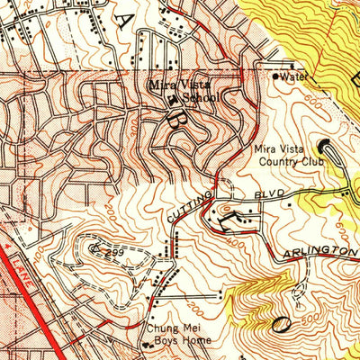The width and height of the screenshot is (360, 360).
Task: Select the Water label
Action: click(293, 76)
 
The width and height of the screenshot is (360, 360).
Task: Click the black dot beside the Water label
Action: click(275, 76)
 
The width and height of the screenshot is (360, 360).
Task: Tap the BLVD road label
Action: click(271, 193)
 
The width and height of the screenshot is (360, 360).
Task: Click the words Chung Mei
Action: click(168, 329)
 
